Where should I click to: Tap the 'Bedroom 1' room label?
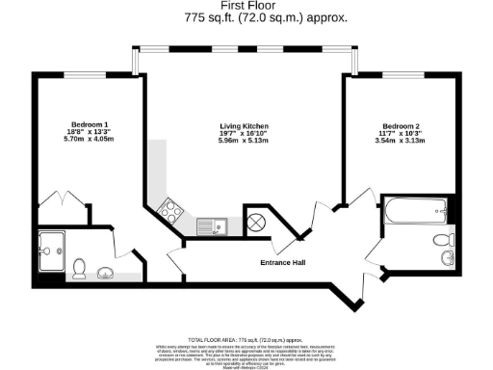[91, 123]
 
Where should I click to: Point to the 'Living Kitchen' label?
[245, 127]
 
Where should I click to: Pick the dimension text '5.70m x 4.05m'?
[91, 140]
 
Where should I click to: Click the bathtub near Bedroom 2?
[415, 208]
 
